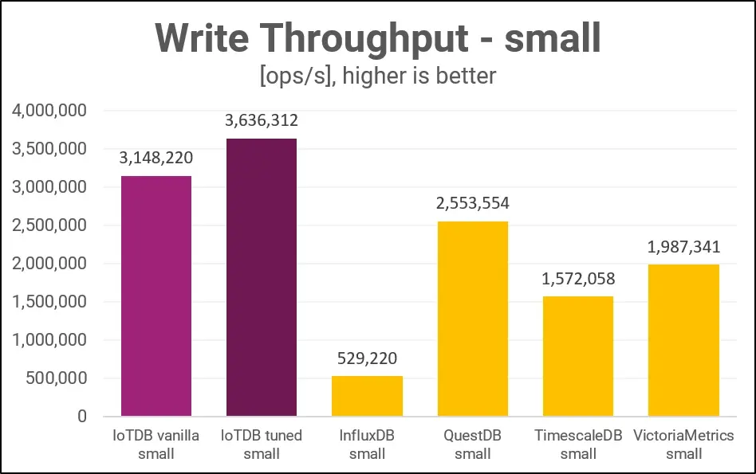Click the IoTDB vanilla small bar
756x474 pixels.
[156, 296]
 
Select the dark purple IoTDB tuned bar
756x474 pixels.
[262, 277]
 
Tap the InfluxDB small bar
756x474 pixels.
[367, 396]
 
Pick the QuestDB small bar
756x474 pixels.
[473, 319]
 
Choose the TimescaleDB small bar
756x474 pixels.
[578, 356]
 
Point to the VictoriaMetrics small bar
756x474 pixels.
[683, 340]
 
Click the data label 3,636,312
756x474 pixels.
[262, 121]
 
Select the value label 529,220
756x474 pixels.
[367, 358]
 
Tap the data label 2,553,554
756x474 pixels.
[473, 203]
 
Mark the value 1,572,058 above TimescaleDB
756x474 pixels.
[578, 279]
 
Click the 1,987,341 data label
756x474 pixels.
[683, 247]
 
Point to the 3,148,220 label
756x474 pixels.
[156, 158]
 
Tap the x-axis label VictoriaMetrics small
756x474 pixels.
[683, 445]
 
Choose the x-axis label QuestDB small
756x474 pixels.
[473, 445]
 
